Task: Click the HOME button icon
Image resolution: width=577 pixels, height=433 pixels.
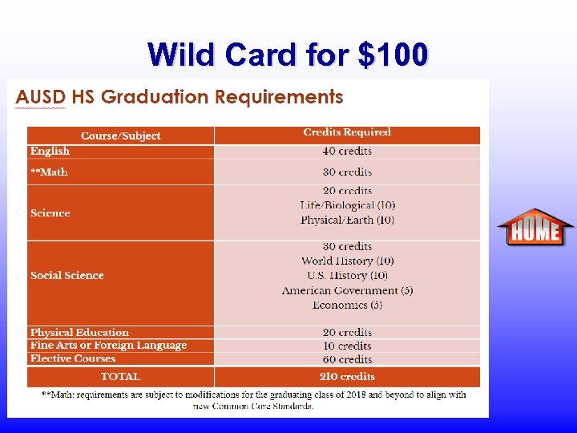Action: (535, 229)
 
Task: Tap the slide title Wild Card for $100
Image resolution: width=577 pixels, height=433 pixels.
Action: (288, 55)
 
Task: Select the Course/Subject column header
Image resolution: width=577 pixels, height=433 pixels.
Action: (120, 136)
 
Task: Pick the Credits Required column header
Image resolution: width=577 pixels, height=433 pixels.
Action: (347, 132)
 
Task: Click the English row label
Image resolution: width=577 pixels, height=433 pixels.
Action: (50, 151)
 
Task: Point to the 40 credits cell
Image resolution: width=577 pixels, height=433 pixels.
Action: (347, 151)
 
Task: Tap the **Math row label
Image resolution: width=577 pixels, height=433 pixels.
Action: (49, 172)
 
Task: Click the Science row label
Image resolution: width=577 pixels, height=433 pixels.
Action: (50, 212)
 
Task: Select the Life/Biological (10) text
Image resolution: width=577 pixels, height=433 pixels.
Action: (347, 205)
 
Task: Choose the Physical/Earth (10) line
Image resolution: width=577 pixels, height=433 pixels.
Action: (347, 220)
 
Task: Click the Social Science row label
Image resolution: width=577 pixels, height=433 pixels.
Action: (67, 275)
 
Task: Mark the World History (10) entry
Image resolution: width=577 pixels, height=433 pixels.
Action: (347, 261)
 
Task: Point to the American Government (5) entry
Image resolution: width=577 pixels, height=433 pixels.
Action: (347, 290)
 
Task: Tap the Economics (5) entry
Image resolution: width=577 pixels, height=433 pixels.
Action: (347, 305)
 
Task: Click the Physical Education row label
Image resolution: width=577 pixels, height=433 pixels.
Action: (79, 332)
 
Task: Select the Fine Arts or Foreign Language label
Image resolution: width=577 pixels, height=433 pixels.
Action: (108, 345)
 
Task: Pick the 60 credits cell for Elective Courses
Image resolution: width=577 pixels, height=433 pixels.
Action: (347, 359)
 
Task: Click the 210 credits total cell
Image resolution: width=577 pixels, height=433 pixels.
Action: (347, 376)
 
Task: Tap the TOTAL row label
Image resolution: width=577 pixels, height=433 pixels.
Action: (120, 376)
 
